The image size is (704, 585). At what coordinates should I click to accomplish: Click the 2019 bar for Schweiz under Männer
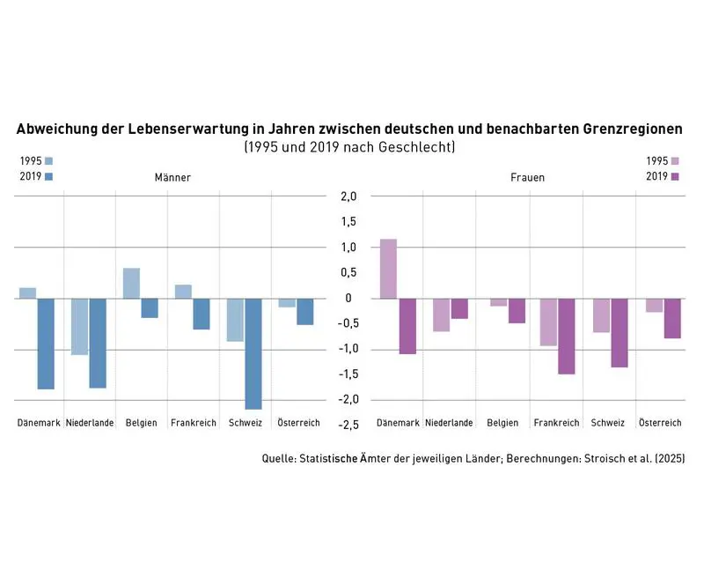point(253,353)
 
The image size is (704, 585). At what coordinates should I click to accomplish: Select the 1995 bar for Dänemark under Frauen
point(387,269)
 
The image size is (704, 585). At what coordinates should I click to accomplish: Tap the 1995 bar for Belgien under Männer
point(131,283)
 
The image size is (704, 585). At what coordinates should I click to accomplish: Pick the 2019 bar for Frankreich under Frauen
point(566,336)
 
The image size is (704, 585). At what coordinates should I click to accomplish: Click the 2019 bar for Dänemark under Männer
point(46,344)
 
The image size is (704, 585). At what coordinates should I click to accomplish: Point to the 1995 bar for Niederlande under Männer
point(80,326)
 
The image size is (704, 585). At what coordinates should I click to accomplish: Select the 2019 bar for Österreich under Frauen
point(672,318)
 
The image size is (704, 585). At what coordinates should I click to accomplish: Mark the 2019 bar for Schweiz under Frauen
point(620,332)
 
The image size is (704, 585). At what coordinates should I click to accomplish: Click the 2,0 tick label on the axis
point(349,196)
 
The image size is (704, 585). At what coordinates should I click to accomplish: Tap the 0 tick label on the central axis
point(349,299)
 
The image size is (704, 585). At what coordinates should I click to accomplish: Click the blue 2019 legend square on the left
point(48,177)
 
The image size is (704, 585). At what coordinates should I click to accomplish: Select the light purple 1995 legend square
point(675,161)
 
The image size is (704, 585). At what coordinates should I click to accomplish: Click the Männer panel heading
point(172,177)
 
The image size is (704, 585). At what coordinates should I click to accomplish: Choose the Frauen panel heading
point(527,177)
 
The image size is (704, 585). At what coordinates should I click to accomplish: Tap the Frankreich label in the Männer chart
point(193,423)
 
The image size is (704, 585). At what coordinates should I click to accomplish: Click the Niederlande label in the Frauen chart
point(449,423)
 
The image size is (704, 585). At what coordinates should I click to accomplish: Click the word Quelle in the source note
point(278,459)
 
